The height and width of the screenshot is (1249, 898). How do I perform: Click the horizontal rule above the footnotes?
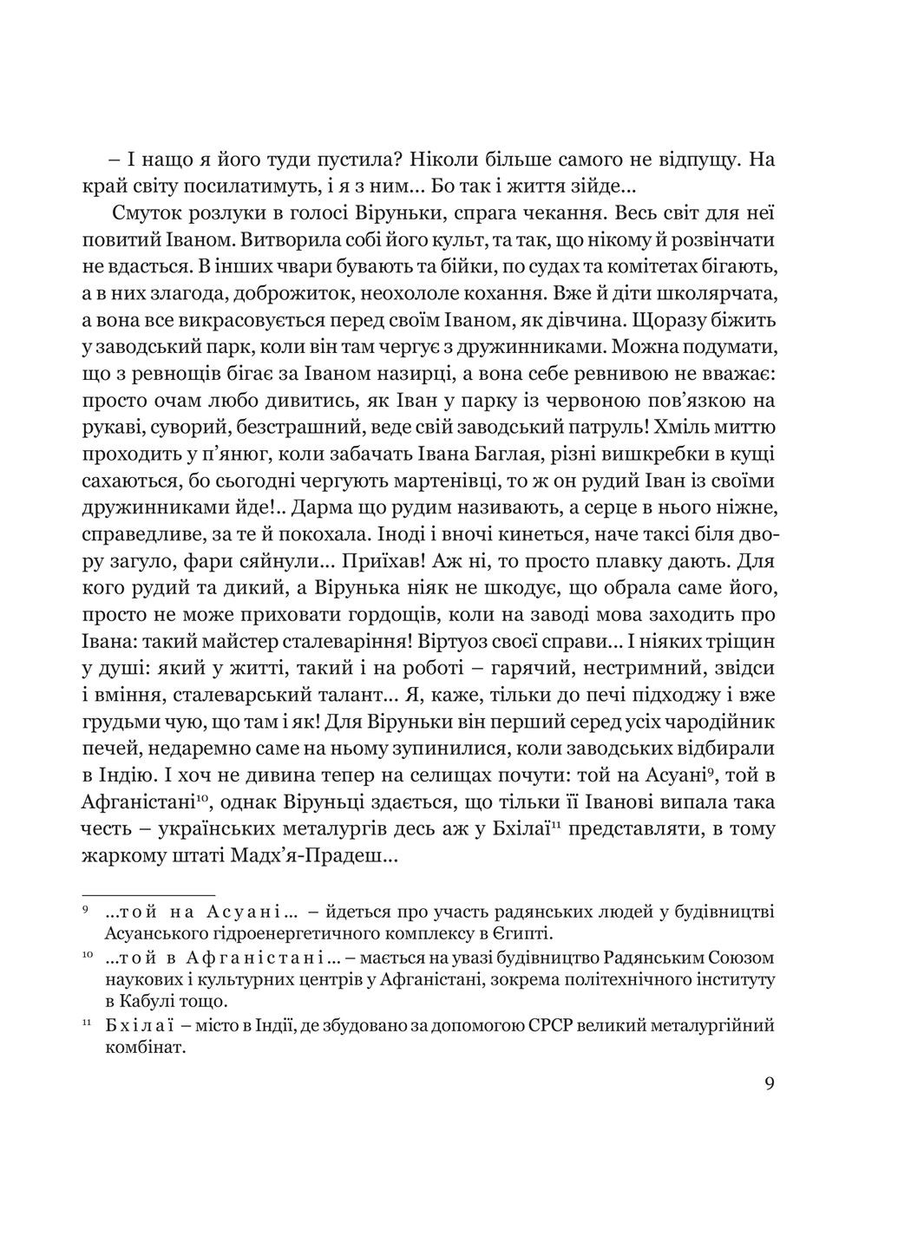coord(148,894)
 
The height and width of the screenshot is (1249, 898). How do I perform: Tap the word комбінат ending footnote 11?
coord(134,1047)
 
